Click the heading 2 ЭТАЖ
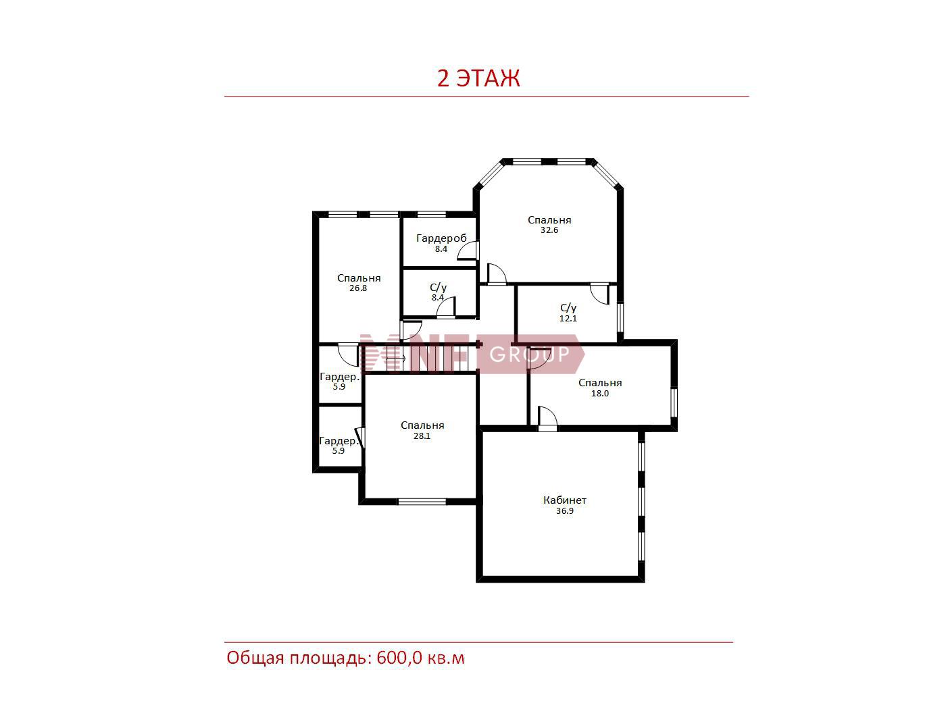[478, 78]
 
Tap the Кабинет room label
[565, 500]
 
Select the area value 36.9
[565, 511]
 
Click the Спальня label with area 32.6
[549, 220]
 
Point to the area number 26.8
[358, 288]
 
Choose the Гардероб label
[441, 238]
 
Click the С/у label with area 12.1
[568, 308]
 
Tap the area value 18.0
[600, 393]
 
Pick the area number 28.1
[422, 436]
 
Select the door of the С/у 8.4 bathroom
[446, 308]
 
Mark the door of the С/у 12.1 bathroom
[600, 294]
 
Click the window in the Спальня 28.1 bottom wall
[422, 502]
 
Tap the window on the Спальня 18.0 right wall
[674, 403]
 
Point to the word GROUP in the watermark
[530, 354]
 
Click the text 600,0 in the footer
[399, 658]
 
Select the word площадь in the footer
[330, 658]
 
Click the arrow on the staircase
[396, 358]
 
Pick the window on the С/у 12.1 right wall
[620, 317]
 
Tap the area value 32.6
[549, 230]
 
